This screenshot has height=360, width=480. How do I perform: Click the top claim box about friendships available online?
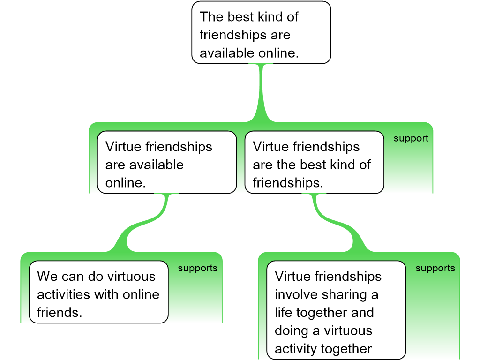tap(261, 33)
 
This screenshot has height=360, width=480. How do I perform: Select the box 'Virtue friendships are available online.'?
tap(166, 162)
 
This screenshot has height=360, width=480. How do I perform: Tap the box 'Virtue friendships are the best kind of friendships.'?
tap(314, 162)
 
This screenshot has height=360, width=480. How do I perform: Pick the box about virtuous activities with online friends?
tap(98, 292)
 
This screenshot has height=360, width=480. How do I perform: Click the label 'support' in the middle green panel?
tap(411, 139)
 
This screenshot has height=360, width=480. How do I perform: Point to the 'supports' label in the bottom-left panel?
tap(197, 268)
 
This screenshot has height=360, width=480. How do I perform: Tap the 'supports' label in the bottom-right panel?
tap(435, 268)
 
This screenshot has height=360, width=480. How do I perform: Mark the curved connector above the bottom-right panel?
tap(337, 224)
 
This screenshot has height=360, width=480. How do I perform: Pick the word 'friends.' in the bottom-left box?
tap(60, 312)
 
